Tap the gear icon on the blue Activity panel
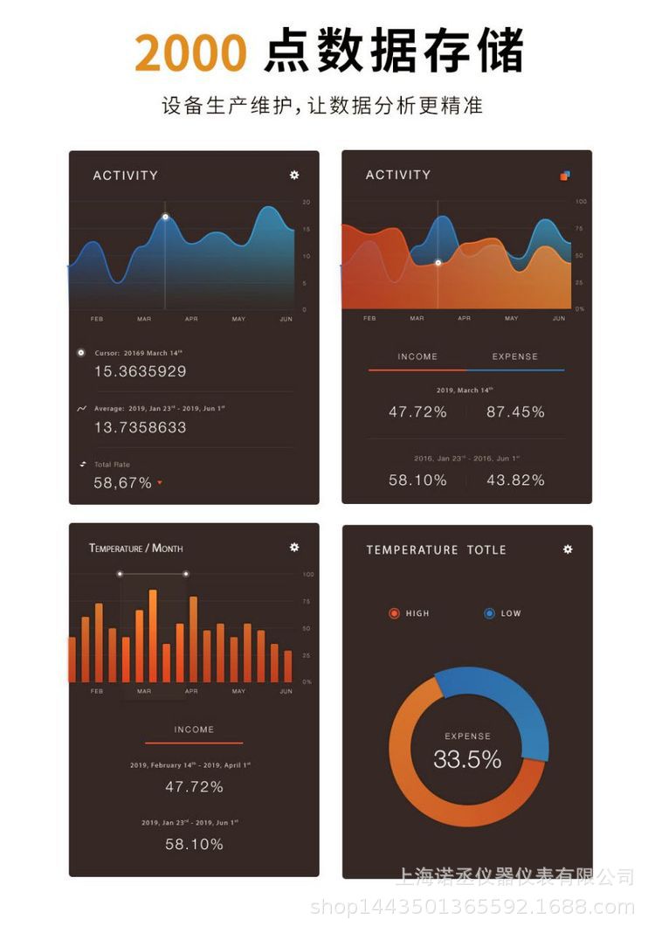pos(294,175)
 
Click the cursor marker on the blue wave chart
pos(165,217)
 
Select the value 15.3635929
pos(140,371)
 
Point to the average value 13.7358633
pos(140,427)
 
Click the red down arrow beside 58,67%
pos(160,483)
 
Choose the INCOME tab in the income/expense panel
pos(417,356)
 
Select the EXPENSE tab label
pos(515,356)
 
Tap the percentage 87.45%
pos(515,411)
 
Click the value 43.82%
pos(515,480)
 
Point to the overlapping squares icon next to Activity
pos(565,176)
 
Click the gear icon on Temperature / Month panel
pos(294,548)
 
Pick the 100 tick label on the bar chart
pos(307,574)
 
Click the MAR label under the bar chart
pos(144,691)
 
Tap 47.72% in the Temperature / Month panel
pos(194,786)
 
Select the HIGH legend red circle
pos(394,613)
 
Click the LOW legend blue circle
pos(489,613)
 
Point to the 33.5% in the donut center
pos(467,759)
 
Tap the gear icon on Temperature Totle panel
pos(568,549)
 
